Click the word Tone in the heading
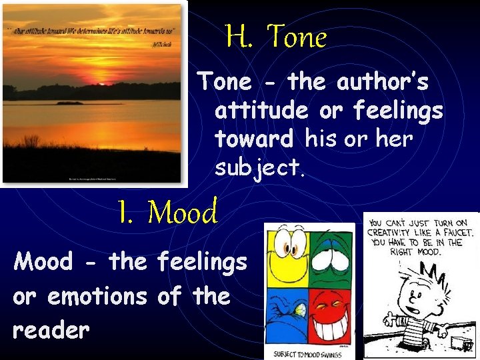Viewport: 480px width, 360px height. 297,37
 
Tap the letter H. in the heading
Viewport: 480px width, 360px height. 239,37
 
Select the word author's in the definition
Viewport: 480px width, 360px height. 383,83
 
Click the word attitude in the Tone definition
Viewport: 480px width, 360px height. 261,111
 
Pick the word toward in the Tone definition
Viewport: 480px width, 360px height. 254,139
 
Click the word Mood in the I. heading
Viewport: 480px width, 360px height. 183,213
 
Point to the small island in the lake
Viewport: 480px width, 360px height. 71,103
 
